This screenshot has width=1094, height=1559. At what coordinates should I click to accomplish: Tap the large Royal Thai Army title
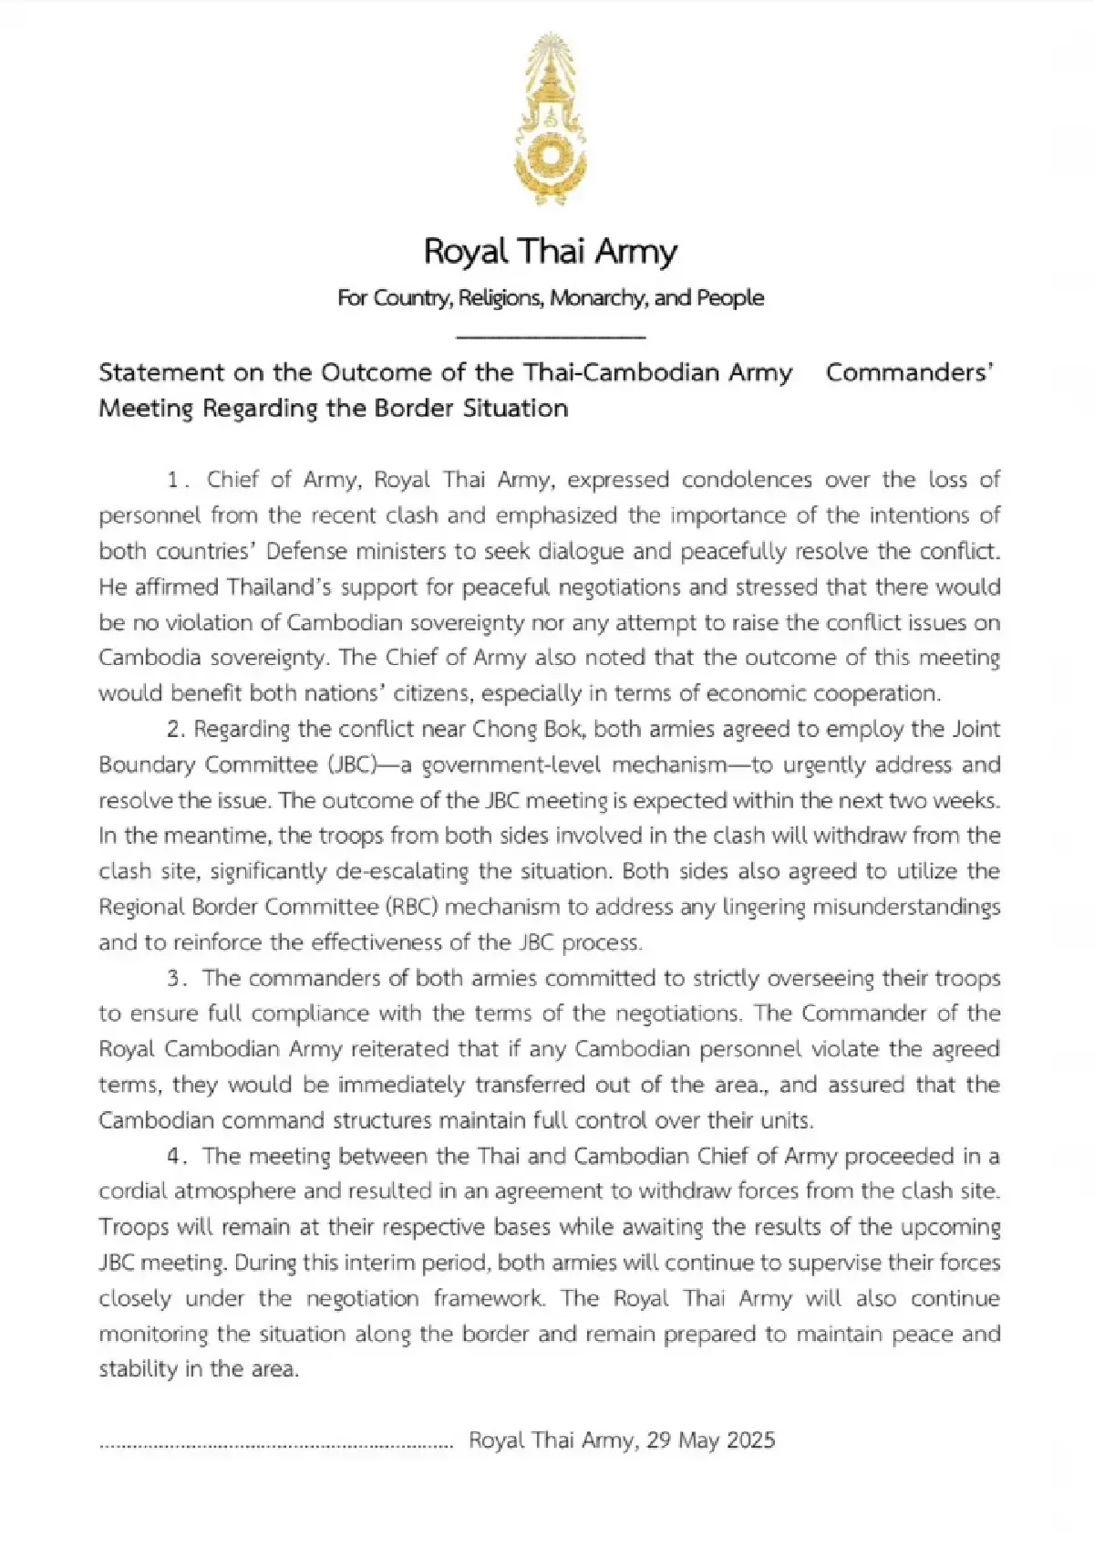[550, 252]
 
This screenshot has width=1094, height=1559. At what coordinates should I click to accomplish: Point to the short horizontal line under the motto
[550, 338]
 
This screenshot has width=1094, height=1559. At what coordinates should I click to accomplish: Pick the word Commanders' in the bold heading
[909, 373]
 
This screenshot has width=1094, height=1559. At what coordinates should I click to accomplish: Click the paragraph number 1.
[174, 480]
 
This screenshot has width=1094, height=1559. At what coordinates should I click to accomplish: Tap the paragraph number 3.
[175, 979]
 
